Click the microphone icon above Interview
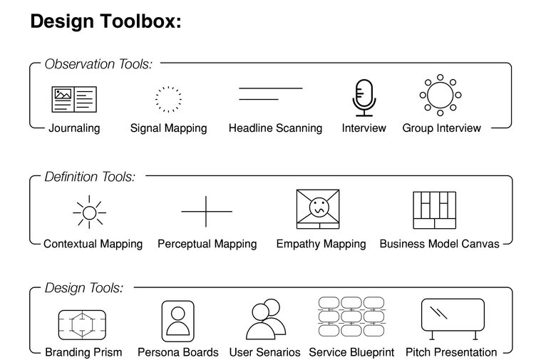point(364,98)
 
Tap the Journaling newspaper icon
point(74,99)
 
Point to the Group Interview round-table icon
point(440,95)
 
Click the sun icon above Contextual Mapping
point(89,212)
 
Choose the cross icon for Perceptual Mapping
point(206,211)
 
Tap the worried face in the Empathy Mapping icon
point(319,207)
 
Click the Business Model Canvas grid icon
point(434,210)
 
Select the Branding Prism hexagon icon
point(82,325)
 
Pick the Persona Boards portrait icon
point(178,322)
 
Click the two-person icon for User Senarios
point(266,319)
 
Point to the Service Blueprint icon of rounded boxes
point(351,317)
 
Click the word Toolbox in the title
point(140,21)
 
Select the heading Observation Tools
point(98,64)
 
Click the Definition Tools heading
point(90,177)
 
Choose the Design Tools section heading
point(84,288)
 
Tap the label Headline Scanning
point(275,128)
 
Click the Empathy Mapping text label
point(321,244)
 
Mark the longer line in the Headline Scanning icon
point(271,88)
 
